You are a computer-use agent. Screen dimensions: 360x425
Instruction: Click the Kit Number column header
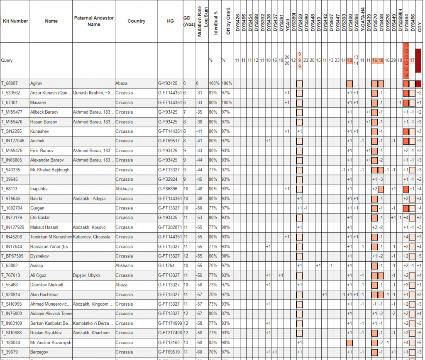click(x=15, y=21)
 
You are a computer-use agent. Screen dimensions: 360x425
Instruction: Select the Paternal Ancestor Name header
click(x=94, y=21)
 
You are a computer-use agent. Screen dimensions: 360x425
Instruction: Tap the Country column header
click(x=136, y=21)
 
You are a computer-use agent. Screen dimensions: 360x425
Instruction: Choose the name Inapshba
click(x=39, y=189)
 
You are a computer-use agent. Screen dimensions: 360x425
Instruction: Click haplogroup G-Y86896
click(x=168, y=189)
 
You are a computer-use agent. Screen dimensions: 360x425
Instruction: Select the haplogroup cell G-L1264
click(x=166, y=266)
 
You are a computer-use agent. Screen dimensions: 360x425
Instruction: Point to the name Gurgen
click(x=37, y=208)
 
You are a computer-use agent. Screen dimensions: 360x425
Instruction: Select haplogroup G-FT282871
click(x=170, y=227)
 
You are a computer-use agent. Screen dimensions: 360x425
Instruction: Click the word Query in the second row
click(x=7, y=60)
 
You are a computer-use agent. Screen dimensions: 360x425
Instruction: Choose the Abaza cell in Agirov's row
click(x=122, y=83)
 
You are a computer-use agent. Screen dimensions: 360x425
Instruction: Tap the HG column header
click(x=170, y=21)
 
